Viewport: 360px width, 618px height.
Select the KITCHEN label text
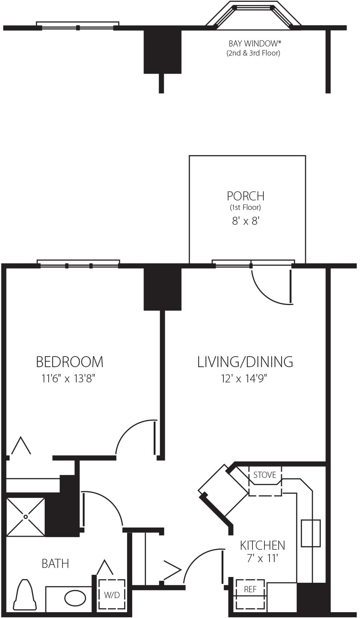click(x=263, y=545)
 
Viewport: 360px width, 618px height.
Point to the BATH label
click(x=55, y=564)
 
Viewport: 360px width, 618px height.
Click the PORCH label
click(x=246, y=196)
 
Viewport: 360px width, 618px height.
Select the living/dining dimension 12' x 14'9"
click(x=244, y=378)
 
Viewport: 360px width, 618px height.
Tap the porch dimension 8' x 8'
click(x=246, y=221)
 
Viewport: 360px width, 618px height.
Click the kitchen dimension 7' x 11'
click(x=263, y=558)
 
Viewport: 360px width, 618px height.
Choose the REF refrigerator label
click(x=250, y=590)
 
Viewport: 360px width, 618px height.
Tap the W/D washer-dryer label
click(x=112, y=595)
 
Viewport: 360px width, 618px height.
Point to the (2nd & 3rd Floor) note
click(x=253, y=53)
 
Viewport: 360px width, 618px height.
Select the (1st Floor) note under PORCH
click(x=246, y=207)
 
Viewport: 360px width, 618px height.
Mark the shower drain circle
click(x=26, y=516)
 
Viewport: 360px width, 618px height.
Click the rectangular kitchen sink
click(x=311, y=533)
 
